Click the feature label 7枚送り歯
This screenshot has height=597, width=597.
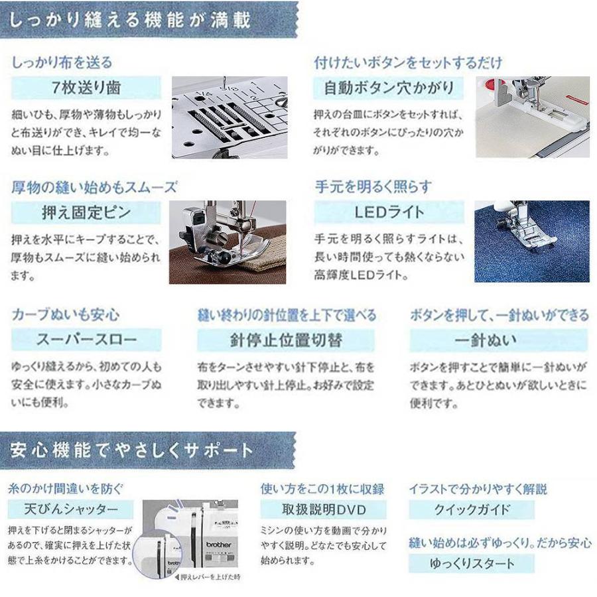point(86,88)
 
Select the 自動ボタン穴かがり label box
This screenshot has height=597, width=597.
point(389,88)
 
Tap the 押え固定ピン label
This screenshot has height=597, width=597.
point(86,214)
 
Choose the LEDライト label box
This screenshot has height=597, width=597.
point(389,214)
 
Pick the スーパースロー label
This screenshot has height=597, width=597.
point(86,340)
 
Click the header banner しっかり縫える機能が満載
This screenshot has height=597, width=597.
point(133,20)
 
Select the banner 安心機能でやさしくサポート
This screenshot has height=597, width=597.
point(133,452)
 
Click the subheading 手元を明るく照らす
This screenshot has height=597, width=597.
point(373,186)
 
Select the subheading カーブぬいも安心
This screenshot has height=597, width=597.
point(66,314)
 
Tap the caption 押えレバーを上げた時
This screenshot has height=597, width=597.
point(208,577)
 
